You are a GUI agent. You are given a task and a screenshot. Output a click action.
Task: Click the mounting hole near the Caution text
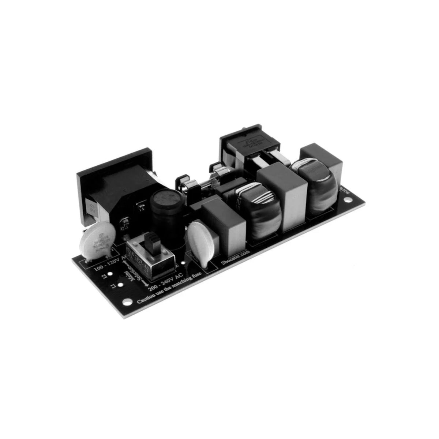(x=126, y=302)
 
